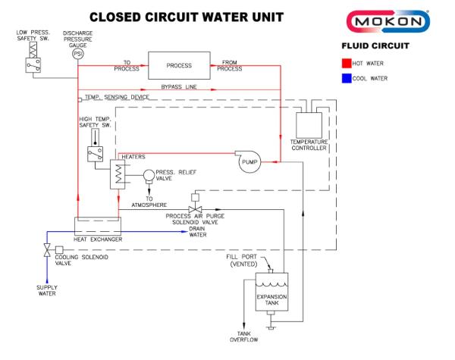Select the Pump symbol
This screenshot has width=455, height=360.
pyautogui.click(x=249, y=161)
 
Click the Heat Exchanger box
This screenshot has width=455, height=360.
pyautogui.click(x=98, y=226)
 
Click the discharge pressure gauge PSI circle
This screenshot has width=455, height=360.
pyautogui.click(x=77, y=55)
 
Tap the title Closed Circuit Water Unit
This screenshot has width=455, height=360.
pyautogui.click(x=176, y=16)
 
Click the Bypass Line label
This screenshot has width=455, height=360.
pyautogui.click(x=179, y=87)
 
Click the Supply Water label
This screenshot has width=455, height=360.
pyautogui.click(x=47, y=290)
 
